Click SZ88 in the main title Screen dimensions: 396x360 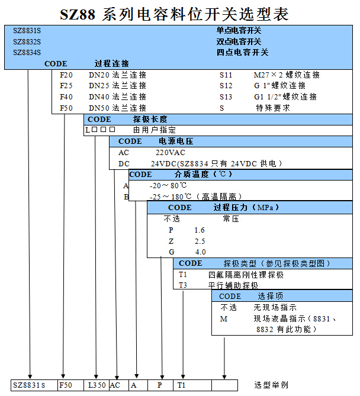coord(80,14)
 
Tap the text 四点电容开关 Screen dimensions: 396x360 coord(242,52)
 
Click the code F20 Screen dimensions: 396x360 coord(66,75)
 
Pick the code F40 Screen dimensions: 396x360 coord(66,96)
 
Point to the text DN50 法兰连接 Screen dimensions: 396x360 coord(117,108)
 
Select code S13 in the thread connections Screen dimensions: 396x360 coord(226,96)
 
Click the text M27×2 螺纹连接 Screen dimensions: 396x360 coord(287,75)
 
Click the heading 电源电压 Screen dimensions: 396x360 coord(176,141)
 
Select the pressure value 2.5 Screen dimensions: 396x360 coord(200,241)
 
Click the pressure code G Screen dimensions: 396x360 coord(172,252)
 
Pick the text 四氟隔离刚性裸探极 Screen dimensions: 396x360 coord(246,275)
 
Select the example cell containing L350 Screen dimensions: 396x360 coord(97,385)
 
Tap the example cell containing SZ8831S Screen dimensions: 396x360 coord(30,385)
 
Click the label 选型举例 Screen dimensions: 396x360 coord(271,385)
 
